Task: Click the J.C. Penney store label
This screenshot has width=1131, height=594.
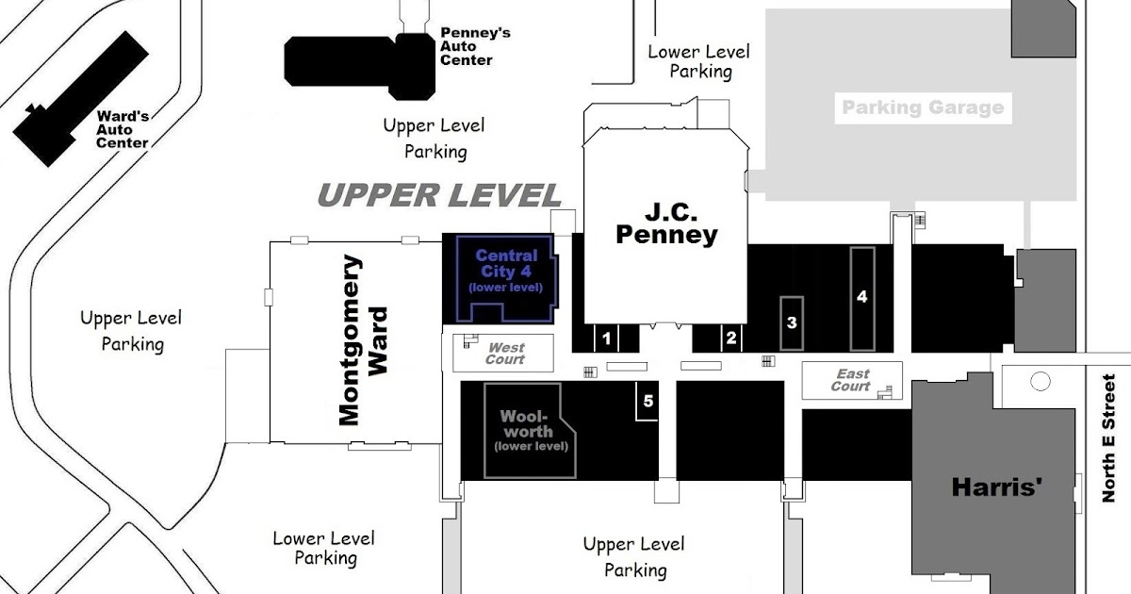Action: pos(667,223)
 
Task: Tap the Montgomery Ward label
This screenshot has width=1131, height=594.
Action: pos(363,340)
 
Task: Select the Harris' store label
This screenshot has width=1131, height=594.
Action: pos(997,487)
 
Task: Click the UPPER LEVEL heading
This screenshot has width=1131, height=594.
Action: pos(439,195)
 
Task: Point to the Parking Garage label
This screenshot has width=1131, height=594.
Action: pos(923,107)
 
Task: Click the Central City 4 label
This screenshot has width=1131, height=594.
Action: pos(506,271)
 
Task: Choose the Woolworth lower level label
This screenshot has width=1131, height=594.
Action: pos(531,430)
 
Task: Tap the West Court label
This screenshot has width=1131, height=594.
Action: pos(505,353)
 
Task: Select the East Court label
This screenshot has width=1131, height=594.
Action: pos(851,380)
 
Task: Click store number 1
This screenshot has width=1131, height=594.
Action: pos(606,338)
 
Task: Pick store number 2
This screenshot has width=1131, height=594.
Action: pos(730,338)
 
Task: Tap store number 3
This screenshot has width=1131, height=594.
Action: pos(792,322)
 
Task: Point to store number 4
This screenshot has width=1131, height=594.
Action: pos(861,296)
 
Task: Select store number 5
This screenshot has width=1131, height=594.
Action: pos(648,401)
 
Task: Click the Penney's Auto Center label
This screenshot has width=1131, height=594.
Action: pos(475,46)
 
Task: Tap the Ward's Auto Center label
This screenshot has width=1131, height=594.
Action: pos(123,130)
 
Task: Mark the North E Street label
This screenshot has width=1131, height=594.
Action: pos(1108,438)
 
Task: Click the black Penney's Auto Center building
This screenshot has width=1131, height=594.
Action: pos(360,66)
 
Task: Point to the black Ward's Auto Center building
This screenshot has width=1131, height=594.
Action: pos(81,98)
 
